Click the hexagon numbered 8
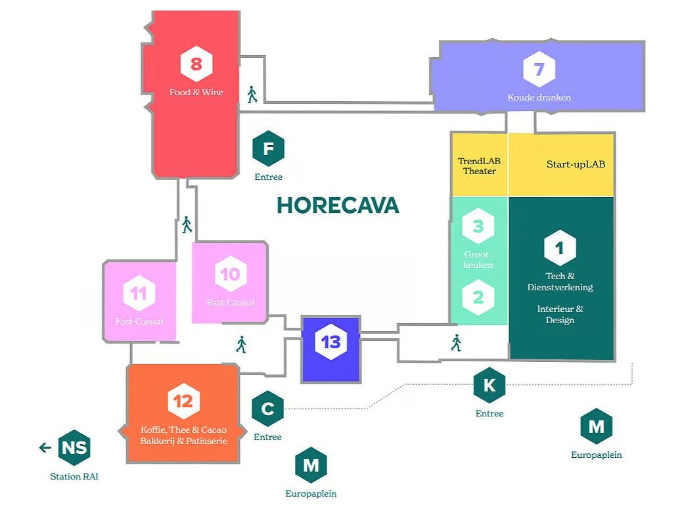click(196, 64)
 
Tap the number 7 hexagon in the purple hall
click(539, 69)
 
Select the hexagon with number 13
click(330, 342)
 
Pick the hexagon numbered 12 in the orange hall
click(183, 401)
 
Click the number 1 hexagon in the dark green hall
click(560, 248)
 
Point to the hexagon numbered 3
click(478, 227)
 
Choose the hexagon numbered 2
click(478, 298)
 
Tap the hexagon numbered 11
click(139, 294)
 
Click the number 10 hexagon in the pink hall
click(230, 273)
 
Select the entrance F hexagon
click(268, 148)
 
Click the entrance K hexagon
click(489, 385)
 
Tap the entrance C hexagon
click(267, 409)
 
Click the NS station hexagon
click(74, 447)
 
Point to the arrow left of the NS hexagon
click(45, 447)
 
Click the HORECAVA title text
click(338, 205)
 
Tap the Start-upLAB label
click(576, 164)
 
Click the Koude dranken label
click(539, 97)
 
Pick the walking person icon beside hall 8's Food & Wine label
click(252, 95)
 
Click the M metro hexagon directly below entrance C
click(311, 465)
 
